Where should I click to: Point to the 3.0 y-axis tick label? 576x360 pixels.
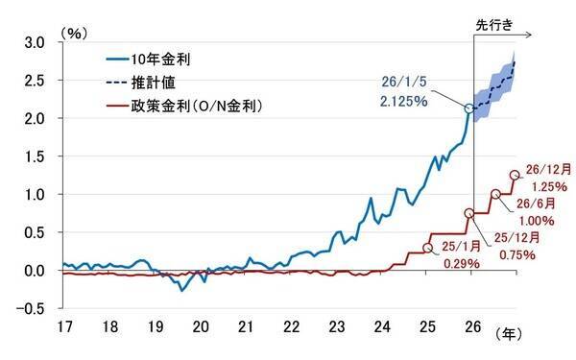coord(35,42)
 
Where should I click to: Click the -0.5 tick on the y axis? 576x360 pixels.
coord(32,307)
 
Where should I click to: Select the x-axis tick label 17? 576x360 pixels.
coord(64,329)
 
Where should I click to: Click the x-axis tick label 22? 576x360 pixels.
coord(291,329)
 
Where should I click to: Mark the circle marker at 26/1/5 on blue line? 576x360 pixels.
coord(469,108)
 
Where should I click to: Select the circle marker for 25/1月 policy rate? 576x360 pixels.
coord(427,247)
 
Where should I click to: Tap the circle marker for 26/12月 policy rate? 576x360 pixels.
coord(515,175)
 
